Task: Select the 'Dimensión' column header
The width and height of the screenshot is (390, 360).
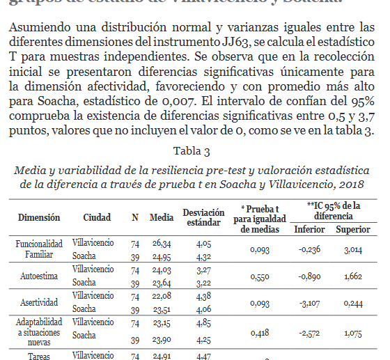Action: click(x=39, y=217)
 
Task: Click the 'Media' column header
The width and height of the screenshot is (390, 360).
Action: click(x=162, y=217)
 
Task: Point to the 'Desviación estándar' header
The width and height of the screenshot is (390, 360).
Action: click(x=203, y=217)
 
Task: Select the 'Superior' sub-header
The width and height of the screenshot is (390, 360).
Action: click(x=353, y=229)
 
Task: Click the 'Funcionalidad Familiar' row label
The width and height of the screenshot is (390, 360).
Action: click(x=39, y=249)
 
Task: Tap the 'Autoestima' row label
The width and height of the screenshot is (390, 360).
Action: click(x=39, y=276)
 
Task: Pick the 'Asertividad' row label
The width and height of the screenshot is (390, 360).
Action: click(x=39, y=302)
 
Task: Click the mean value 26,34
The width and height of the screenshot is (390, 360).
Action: click(x=162, y=244)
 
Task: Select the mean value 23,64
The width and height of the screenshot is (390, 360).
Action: click(x=162, y=283)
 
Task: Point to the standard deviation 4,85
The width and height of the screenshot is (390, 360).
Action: click(x=203, y=322)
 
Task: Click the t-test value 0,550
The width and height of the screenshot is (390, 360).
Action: click(x=260, y=276)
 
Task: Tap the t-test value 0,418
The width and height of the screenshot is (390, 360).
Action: click(x=260, y=332)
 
